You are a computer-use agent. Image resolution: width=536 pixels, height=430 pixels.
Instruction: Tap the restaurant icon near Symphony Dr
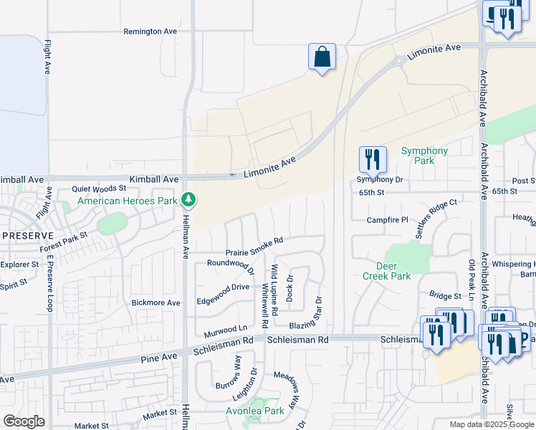click(372, 160)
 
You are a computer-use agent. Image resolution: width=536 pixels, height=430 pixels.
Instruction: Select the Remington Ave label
click(150, 32)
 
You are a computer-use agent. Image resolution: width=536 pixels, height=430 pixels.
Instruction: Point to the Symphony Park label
click(424, 156)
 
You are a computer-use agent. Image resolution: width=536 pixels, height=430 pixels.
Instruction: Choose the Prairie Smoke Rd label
click(255, 246)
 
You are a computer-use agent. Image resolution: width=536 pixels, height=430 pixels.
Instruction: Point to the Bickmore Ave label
click(155, 302)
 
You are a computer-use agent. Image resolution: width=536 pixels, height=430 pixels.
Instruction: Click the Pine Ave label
click(159, 356)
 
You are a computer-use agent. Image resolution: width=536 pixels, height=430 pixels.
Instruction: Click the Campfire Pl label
click(387, 220)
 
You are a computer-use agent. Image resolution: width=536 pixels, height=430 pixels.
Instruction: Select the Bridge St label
click(445, 295)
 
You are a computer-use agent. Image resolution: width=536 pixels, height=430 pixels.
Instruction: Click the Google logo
click(24, 421)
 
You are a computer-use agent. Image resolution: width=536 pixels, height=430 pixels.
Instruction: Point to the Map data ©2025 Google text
click(491, 424)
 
